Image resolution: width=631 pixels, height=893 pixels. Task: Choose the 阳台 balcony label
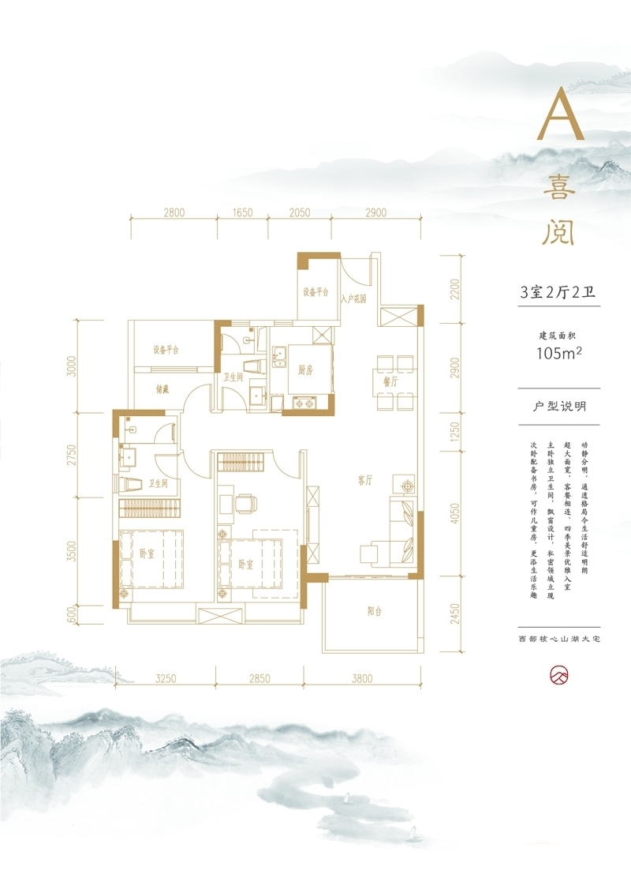pos(375,610)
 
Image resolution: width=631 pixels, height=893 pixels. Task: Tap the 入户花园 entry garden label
pos(353,299)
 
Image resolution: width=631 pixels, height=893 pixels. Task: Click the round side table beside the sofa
pos(408,486)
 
